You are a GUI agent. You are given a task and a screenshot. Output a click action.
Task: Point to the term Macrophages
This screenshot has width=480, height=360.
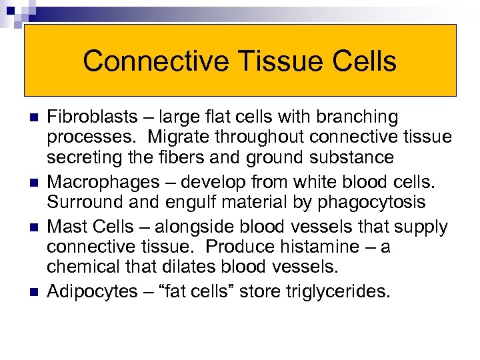click(x=95, y=183)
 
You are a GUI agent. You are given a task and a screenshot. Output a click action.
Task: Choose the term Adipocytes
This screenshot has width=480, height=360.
click(x=87, y=291)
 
